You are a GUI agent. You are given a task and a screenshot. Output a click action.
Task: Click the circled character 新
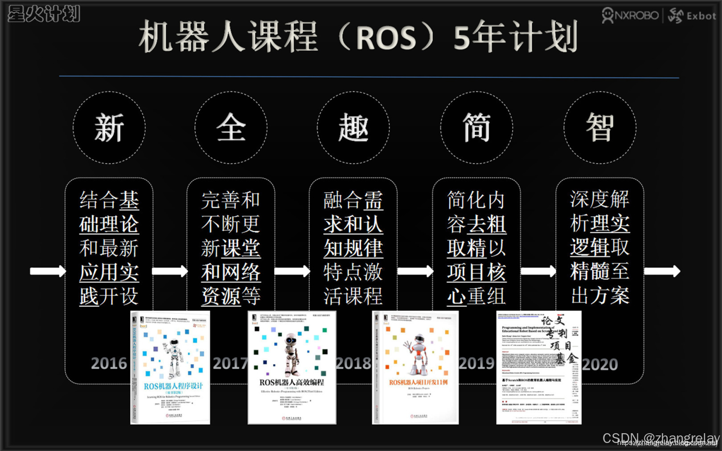pos(109,128)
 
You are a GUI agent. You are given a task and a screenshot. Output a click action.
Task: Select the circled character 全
pos(231,128)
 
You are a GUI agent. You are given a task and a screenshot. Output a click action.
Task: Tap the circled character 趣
pos(353,128)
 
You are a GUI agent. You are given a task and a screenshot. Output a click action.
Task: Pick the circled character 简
pos(476,128)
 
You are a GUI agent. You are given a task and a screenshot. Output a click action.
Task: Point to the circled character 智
pos(600,128)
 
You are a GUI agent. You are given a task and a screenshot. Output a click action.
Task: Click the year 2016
pos(109,364)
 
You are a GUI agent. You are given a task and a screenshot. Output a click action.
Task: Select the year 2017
pos(230,364)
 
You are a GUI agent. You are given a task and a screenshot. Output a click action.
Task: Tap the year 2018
pos(353,364)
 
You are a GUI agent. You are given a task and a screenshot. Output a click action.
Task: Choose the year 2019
pos(476,364)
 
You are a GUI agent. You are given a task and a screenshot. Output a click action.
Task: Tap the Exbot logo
pos(692,16)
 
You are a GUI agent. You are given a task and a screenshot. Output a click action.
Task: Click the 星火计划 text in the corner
pos(44,14)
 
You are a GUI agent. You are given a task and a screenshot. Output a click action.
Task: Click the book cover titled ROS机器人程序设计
pos(170,367)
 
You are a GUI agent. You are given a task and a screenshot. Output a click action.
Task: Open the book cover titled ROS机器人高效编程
pos(292,367)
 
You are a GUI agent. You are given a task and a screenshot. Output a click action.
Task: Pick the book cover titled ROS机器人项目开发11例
pos(415,367)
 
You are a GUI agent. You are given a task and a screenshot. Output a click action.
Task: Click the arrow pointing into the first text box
pos(47,271)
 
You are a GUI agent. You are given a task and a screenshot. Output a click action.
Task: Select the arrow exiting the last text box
pos(662,271)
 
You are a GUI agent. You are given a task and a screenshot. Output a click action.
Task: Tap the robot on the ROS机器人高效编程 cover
pos(291,352)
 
